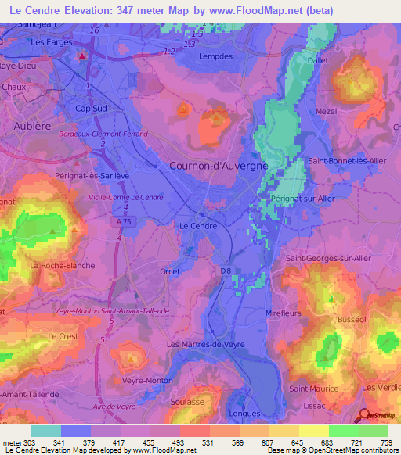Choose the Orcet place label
click(x=170, y=271)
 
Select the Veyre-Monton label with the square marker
click(x=146, y=380)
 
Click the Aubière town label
click(x=32, y=124)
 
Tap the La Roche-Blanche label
click(x=62, y=266)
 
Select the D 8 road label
click(x=226, y=271)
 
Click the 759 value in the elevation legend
click(x=388, y=443)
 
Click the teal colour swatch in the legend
click(x=46, y=431)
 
